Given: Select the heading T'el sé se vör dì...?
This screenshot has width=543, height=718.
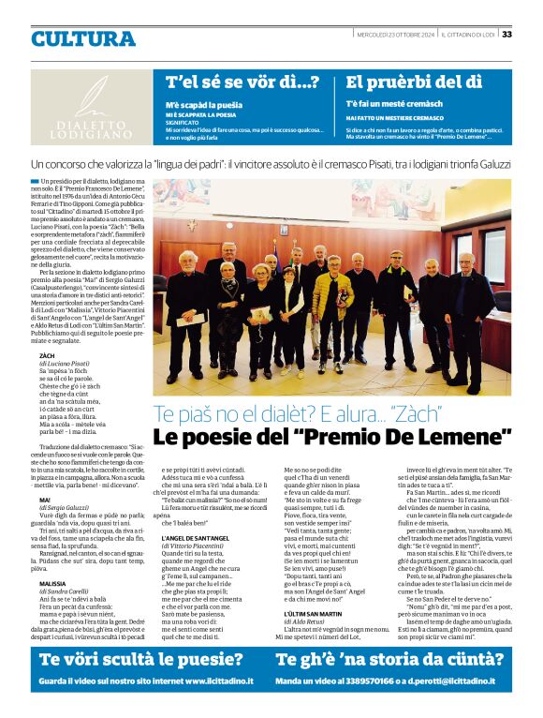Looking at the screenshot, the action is tap(242, 82).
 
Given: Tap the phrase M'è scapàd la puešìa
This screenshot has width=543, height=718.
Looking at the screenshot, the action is tap(203, 105).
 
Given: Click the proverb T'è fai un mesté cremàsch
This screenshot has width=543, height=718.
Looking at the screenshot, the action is tap(394, 105).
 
